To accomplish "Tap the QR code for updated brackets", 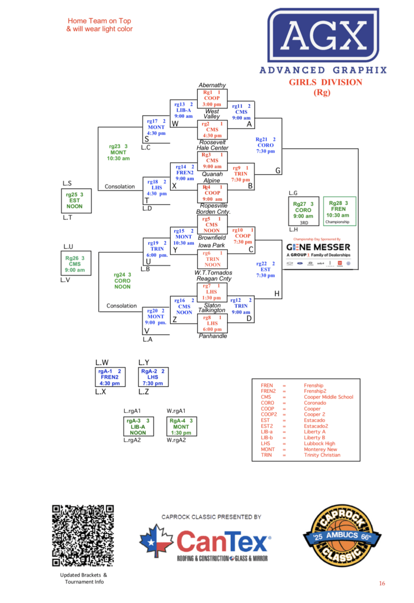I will coord(83,535).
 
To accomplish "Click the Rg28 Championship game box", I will coord(339,211).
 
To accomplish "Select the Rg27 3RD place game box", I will coord(304,211).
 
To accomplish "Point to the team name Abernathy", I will coord(212,85).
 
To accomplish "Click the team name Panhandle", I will coord(213,336).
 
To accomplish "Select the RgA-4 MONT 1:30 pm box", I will coord(181,426).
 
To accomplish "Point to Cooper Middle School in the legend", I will coord(328,397).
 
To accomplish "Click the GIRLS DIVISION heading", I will coord(326,82).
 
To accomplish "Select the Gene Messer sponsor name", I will coord(319,247).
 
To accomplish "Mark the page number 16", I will coord(382,584).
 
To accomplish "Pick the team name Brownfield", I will coord(212,237).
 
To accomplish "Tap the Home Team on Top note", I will coord(100,25).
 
